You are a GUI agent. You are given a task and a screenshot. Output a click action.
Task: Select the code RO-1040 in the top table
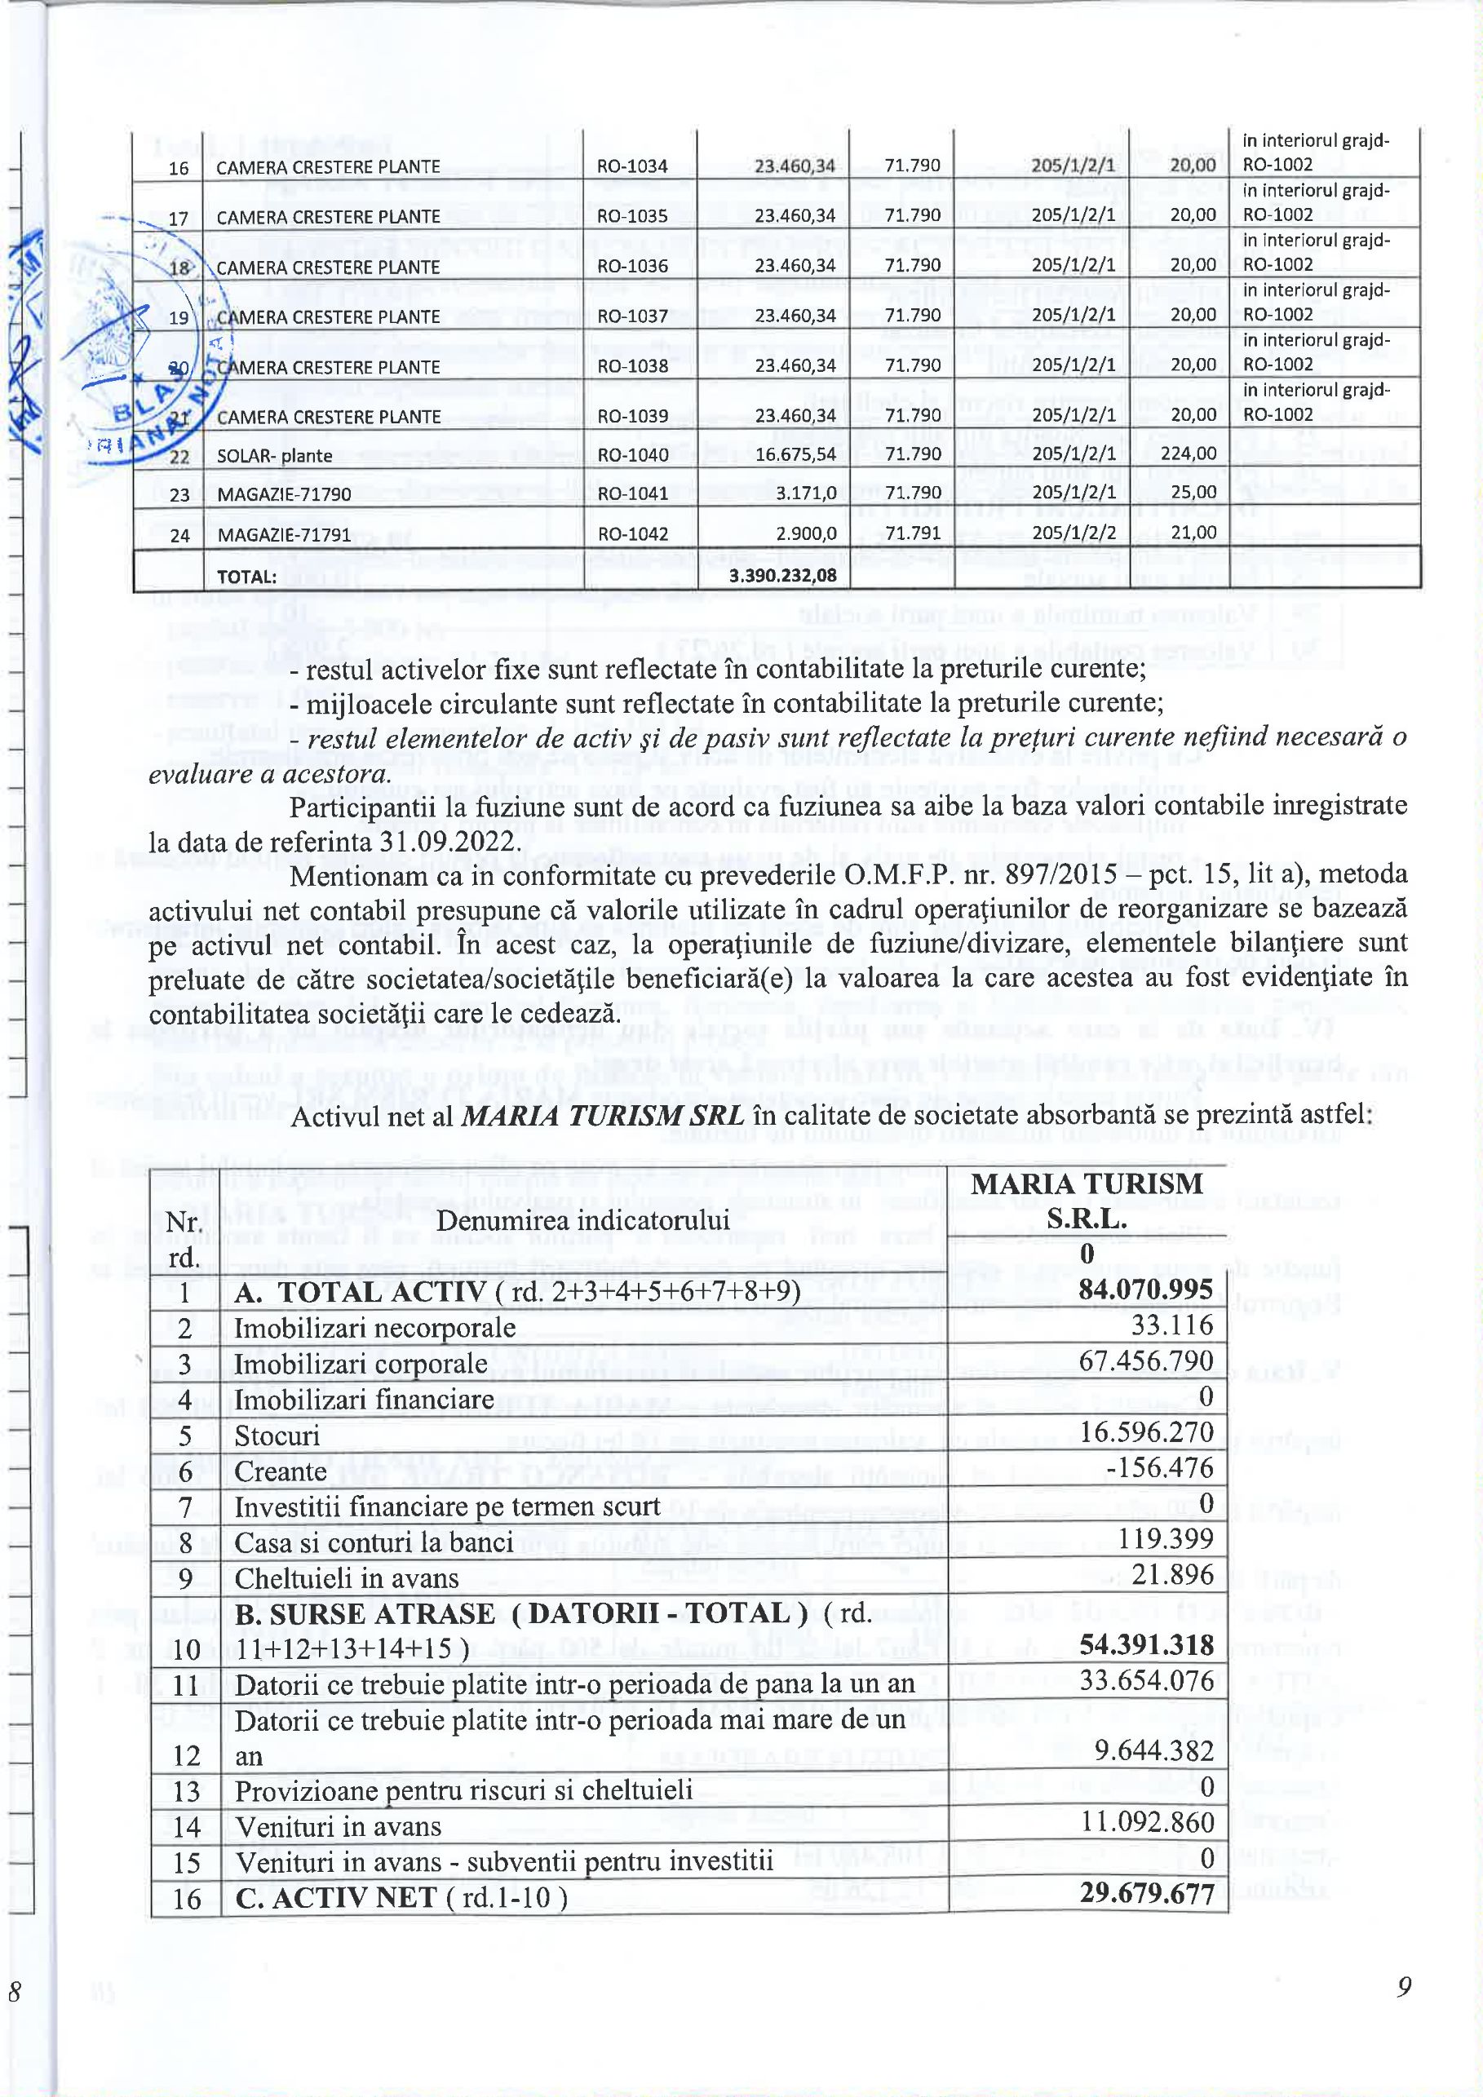coord(632,454)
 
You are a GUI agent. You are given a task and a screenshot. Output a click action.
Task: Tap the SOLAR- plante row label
coord(274,456)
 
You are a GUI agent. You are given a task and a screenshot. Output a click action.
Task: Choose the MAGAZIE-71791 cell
coord(284,534)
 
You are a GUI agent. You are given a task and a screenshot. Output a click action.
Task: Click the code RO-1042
coord(632,533)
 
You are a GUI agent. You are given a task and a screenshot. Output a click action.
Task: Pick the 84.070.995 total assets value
coord(1145,1290)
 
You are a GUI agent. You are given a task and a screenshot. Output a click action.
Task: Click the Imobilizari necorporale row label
coord(374,1327)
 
